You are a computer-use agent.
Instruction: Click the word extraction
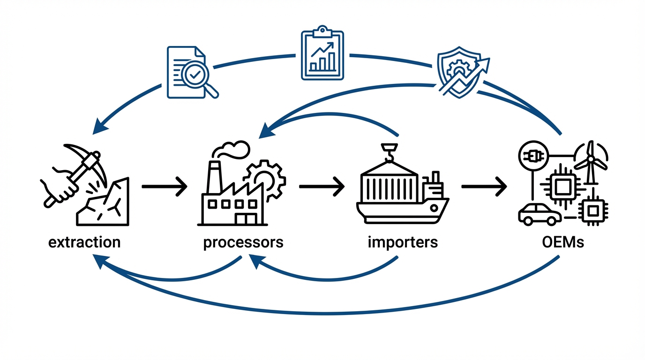84,242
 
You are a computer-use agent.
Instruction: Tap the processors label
243,242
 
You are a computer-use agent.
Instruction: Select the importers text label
403,242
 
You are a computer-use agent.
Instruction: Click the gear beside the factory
265,180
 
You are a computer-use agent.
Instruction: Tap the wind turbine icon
591,162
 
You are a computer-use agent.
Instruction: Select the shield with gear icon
457,73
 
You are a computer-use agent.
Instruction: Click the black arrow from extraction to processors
164,187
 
